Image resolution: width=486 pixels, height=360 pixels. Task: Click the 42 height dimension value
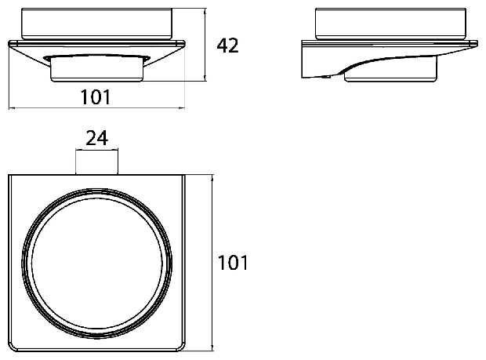tap(227, 45)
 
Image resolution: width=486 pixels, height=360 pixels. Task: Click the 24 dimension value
tap(96, 138)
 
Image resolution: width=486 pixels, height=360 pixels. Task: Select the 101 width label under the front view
tap(96, 96)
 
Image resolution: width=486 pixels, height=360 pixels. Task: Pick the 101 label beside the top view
tap(233, 263)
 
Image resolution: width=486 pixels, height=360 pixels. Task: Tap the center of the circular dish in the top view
tap(96, 263)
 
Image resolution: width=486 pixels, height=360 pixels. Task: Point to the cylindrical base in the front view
tap(96, 70)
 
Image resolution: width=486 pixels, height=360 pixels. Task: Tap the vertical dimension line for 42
tap(205, 45)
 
